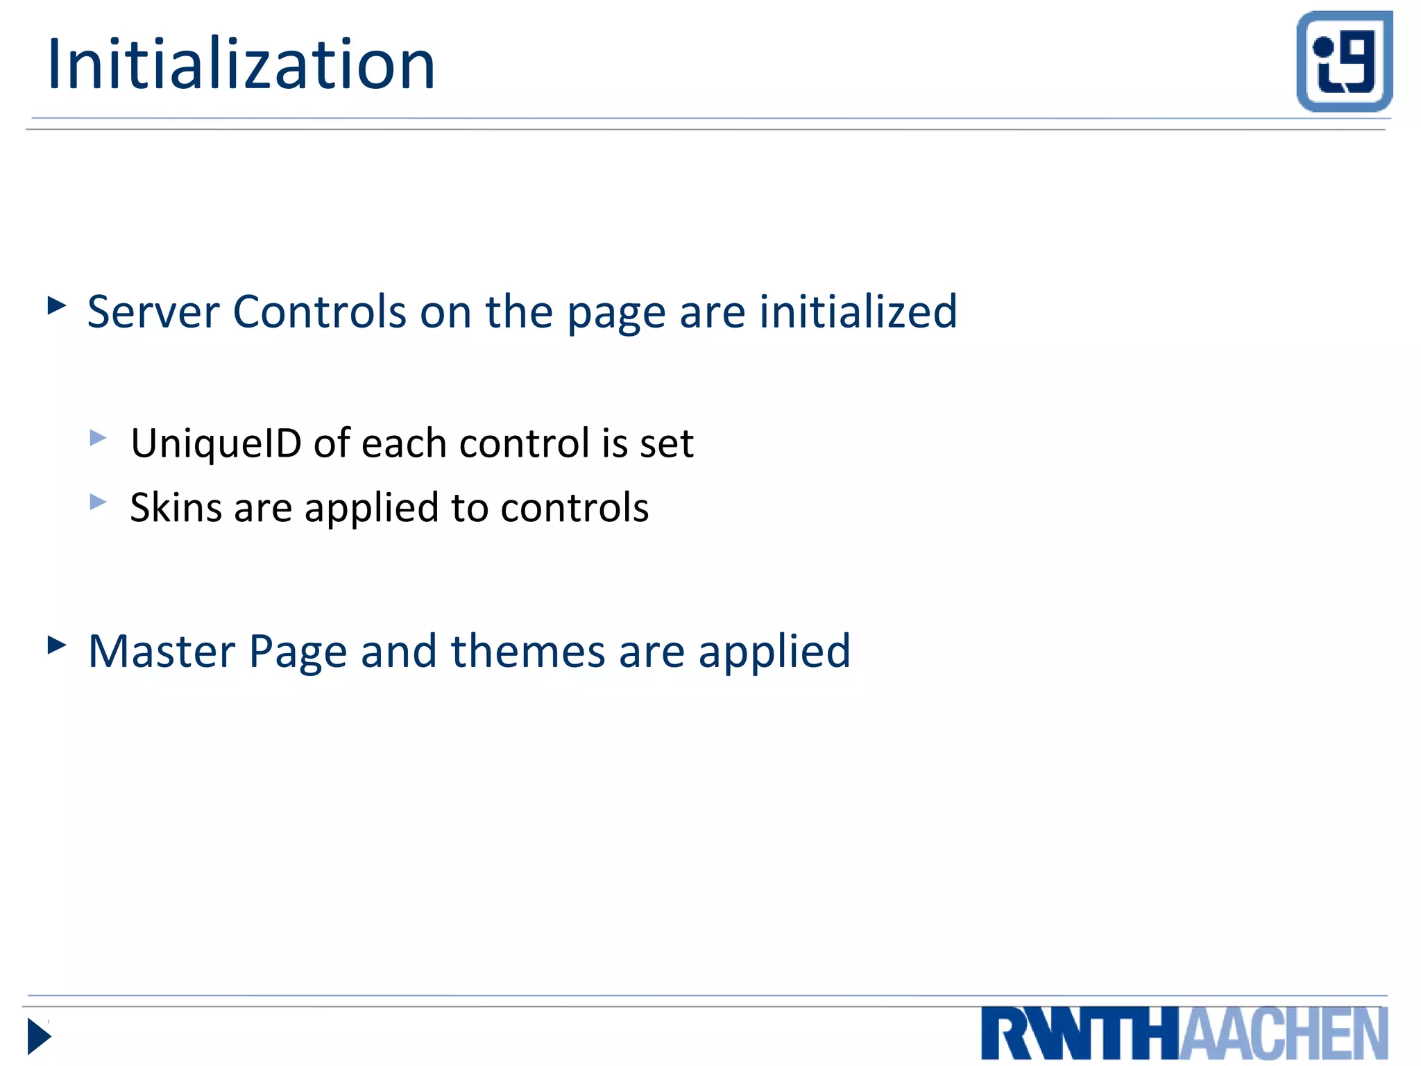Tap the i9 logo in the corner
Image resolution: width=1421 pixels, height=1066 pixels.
tap(1344, 61)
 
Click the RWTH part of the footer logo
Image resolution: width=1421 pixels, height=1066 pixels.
tap(1080, 1034)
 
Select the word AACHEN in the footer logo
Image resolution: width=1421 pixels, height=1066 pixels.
tap(1284, 1034)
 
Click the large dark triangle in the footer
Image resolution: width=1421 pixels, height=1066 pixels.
tap(39, 1037)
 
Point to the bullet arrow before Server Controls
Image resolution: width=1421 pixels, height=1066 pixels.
tap(56, 305)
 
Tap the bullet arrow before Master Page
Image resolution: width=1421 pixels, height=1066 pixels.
tap(56, 645)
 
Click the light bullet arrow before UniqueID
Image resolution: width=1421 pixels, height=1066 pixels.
tap(98, 437)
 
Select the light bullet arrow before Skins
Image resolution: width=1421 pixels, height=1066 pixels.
tap(98, 501)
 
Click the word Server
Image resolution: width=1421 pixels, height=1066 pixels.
tap(153, 312)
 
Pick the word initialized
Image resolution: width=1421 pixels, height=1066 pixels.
tap(858, 312)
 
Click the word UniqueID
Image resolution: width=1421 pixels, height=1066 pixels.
tap(216, 443)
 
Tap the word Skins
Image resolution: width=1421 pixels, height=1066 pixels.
tap(176, 507)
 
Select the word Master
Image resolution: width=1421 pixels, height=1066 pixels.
tap(162, 652)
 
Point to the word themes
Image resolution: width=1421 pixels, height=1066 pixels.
tap(528, 652)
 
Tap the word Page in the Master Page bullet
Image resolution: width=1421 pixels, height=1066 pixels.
tap(298, 653)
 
